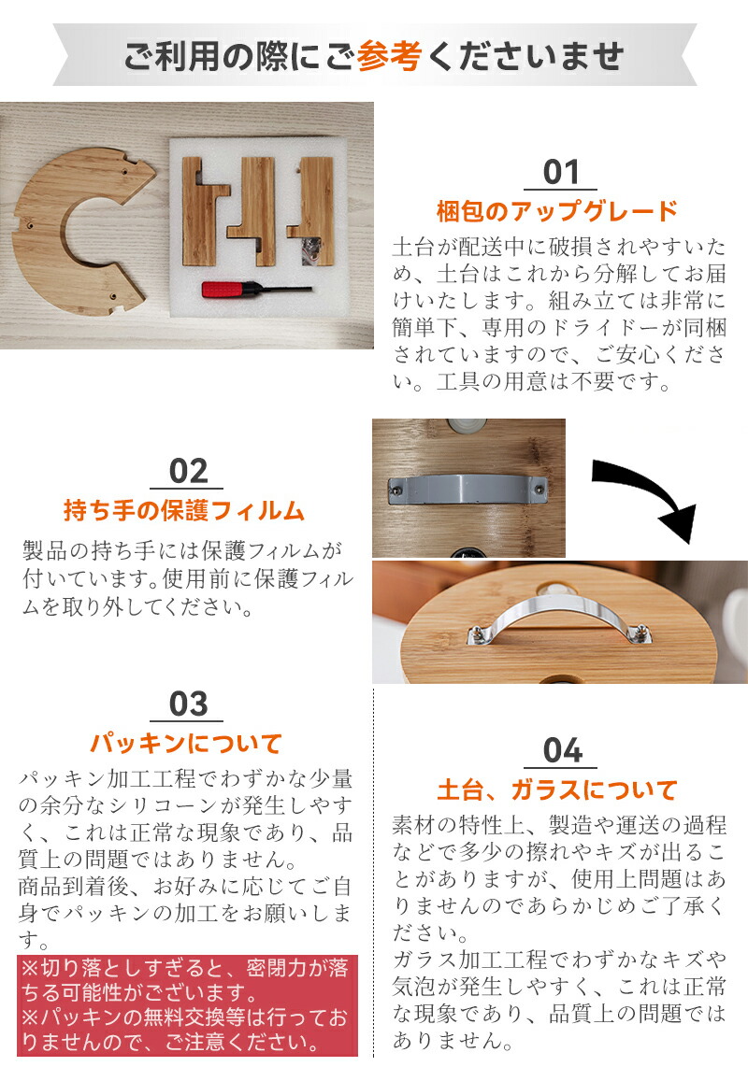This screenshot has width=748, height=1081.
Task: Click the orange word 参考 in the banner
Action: [x=389, y=55]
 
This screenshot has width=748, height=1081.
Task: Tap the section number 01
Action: [x=560, y=172]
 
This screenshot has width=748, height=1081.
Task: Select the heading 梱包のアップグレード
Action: [x=557, y=211]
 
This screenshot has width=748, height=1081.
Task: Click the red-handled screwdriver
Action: [x=256, y=289]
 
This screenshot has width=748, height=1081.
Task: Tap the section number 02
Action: [x=188, y=472]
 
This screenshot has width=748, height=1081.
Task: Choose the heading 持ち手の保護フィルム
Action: [x=184, y=511]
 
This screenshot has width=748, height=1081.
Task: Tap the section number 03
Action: [x=188, y=704]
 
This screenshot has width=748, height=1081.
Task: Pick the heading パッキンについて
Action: [x=186, y=743]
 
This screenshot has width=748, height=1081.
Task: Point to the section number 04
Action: [x=561, y=751]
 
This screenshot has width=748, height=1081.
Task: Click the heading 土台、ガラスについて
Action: [x=557, y=790]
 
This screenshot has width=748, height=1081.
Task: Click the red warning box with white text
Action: [x=188, y=1006]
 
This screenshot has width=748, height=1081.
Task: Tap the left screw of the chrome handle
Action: [x=476, y=633]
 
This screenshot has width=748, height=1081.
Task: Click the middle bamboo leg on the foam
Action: [x=252, y=211]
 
